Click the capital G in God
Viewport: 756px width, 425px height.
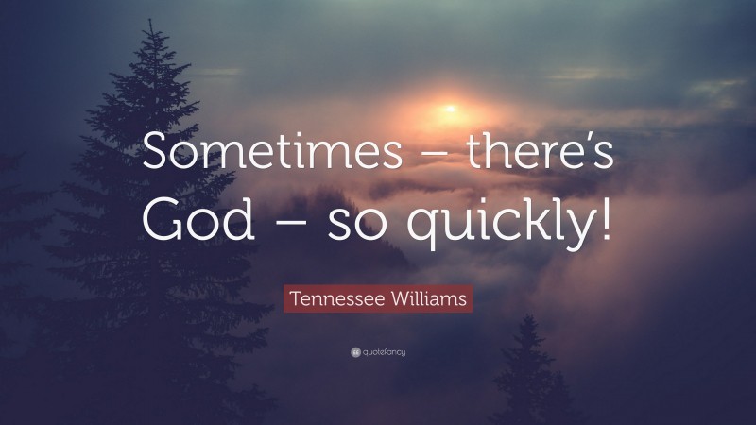[160, 219]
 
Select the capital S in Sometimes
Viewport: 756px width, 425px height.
[157, 153]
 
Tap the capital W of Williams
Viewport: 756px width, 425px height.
[397, 301]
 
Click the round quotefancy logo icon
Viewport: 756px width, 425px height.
[354, 352]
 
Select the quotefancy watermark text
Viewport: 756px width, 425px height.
[384, 352]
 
